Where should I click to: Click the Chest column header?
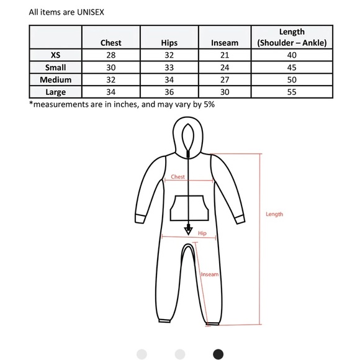tap(111, 43)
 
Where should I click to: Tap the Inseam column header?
tap(224, 43)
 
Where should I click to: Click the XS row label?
tap(55, 55)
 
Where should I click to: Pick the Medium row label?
tap(55, 79)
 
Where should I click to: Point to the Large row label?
tap(55, 92)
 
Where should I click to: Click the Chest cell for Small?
tap(111, 67)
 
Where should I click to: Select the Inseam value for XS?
tap(224, 55)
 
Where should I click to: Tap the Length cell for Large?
tap(291, 92)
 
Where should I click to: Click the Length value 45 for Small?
tap(291, 67)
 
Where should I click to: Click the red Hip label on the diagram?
tap(202, 233)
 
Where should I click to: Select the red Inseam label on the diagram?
tap(210, 273)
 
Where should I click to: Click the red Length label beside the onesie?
tap(274, 214)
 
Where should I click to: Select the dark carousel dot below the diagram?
tap(218, 354)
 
